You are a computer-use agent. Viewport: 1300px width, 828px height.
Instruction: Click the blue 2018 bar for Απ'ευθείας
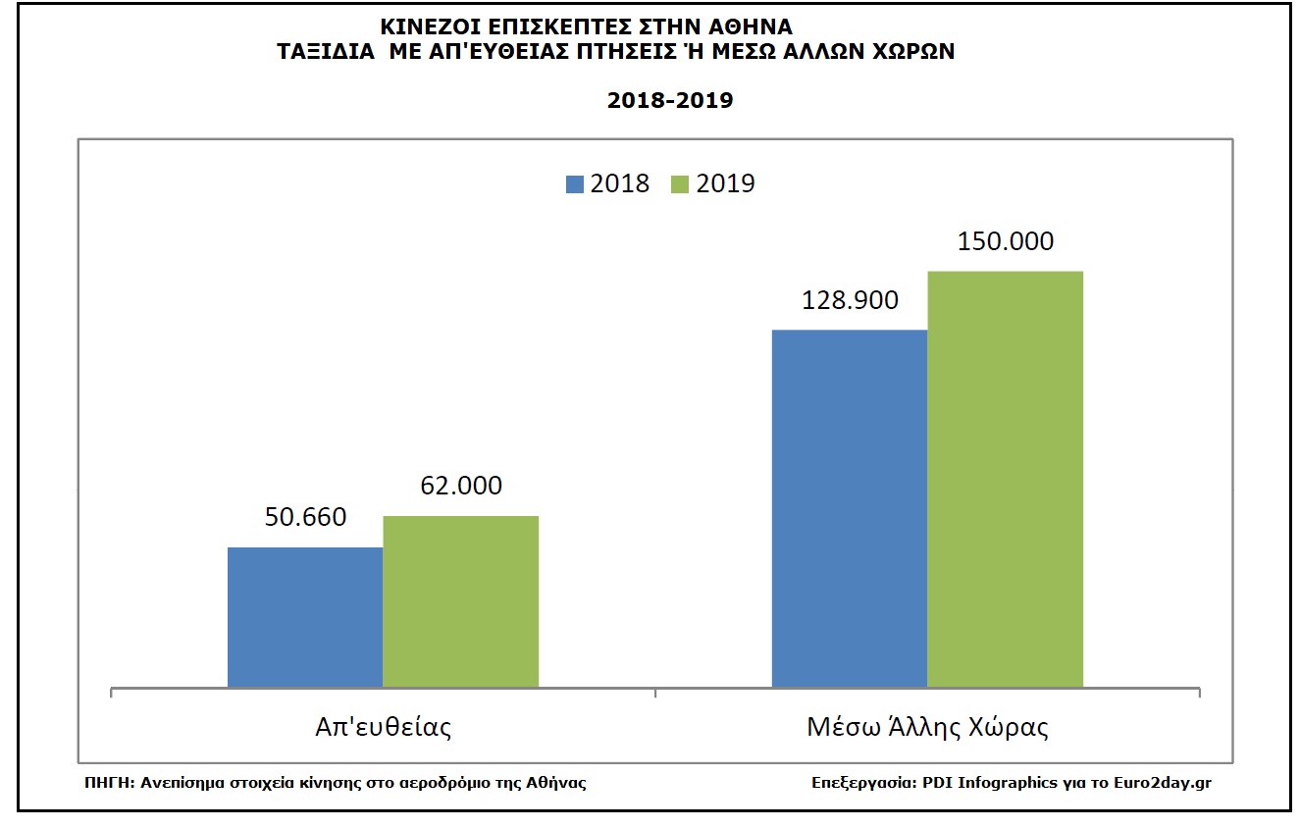tap(305, 616)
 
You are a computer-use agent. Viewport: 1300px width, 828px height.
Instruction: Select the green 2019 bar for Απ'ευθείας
tap(460, 600)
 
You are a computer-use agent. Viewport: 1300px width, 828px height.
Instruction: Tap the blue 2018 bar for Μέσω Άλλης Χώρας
tap(850, 507)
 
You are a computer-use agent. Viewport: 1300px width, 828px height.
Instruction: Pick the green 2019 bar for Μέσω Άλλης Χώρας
tap(1005, 478)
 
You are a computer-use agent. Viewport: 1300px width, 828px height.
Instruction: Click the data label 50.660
tap(305, 517)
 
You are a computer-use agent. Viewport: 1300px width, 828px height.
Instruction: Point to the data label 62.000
tap(460, 486)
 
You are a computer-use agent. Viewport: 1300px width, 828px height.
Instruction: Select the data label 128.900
tap(850, 300)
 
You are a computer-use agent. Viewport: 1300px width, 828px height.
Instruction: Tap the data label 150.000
tap(1005, 241)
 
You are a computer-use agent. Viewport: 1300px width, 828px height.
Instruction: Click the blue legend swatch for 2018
tap(575, 183)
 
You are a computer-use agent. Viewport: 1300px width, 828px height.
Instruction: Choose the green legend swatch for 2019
tap(681, 183)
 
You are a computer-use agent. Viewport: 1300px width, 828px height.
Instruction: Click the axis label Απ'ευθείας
tap(383, 728)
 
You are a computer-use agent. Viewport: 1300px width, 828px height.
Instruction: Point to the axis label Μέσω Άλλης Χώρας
tap(927, 728)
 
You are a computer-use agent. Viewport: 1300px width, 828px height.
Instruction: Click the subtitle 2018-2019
tap(670, 100)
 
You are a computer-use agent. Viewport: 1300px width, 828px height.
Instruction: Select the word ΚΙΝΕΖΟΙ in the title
tap(426, 27)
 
